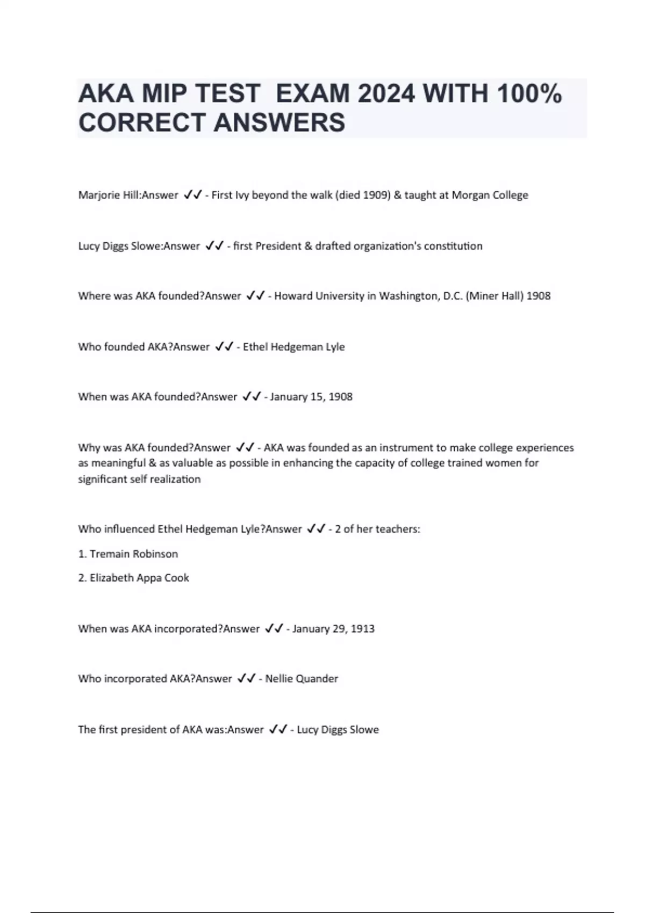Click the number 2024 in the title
point(386,94)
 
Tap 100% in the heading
point(529,94)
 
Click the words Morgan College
point(490,195)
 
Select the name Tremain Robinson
point(133,554)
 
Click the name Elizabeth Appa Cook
point(139,578)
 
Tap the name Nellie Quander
point(302,679)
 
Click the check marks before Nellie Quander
point(246,678)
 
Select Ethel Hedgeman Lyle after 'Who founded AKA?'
point(293,347)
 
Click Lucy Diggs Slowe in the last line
point(338,730)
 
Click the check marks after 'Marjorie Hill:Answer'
point(192,195)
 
